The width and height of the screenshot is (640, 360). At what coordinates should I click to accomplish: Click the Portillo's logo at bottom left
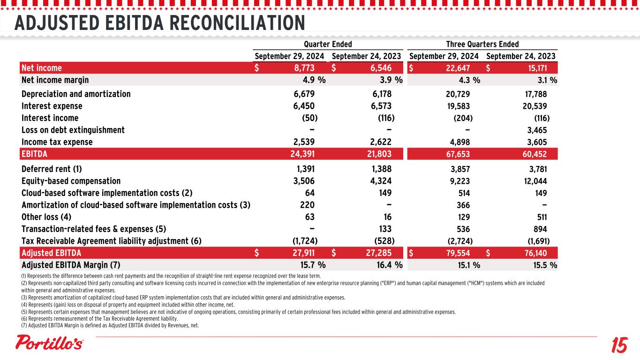pyautogui.click(x=50, y=343)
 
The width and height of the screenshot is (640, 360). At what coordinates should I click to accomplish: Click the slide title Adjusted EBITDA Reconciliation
pyautogui.click(x=160, y=22)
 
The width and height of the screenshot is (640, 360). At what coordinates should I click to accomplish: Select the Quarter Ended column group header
pyautogui.click(x=328, y=45)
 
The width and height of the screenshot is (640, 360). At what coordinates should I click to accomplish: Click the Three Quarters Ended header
pyautogui.click(x=482, y=45)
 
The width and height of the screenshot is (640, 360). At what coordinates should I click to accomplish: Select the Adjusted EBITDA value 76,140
pyautogui.click(x=534, y=253)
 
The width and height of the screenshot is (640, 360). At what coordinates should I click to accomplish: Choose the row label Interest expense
pyautogui.click(x=52, y=106)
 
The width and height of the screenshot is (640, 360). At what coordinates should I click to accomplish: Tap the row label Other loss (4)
pyautogui.click(x=46, y=217)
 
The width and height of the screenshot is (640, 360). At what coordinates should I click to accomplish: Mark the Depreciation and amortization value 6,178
pyautogui.click(x=381, y=94)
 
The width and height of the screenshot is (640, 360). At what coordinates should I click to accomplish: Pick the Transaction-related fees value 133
pyautogui.click(x=384, y=229)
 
